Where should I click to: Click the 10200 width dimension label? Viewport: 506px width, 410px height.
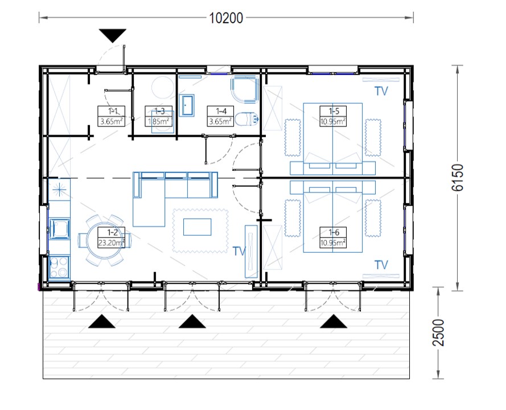(226, 18)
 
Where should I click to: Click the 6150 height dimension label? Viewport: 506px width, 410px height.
(457, 178)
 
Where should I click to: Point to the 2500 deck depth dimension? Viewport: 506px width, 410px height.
(438, 333)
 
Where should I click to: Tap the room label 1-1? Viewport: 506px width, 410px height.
(112, 111)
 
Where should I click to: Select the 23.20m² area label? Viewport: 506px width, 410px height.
(111, 243)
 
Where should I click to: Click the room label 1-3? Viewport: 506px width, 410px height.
(159, 111)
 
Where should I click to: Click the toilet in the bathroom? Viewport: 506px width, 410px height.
(247, 119)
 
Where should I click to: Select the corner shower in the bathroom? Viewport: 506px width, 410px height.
(245, 89)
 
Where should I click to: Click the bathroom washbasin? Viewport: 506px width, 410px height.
(187, 105)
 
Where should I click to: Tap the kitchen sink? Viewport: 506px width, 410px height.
(59, 228)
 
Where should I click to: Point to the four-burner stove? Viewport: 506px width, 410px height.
(59, 266)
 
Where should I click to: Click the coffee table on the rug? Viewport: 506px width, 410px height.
(197, 227)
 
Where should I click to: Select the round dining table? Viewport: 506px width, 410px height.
(105, 240)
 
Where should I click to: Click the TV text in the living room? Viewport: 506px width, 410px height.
(239, 251)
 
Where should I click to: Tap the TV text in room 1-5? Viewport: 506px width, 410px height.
(381, 91)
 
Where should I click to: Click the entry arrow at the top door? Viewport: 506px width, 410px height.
(112, 35)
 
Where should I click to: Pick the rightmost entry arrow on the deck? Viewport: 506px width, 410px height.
(334, 321)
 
